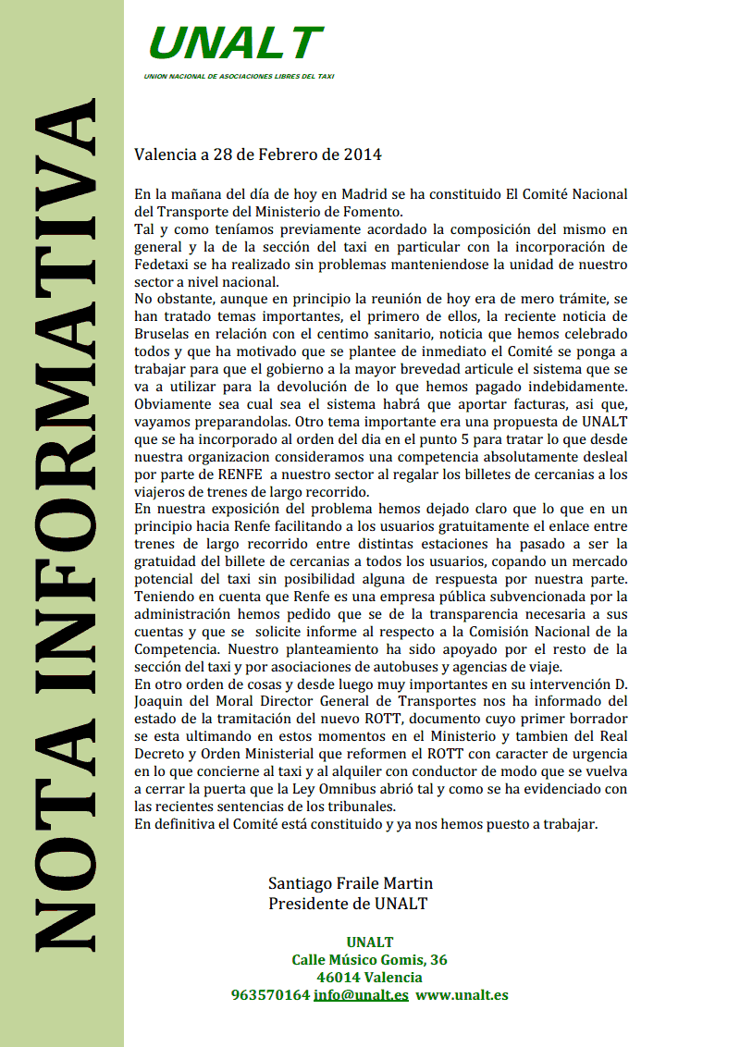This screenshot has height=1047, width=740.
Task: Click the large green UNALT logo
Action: pyautogui.click(x=235, y=43)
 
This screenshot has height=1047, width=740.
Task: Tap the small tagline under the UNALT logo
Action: pyautogui.click(x=239, y=76)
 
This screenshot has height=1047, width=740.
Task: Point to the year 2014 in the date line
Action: pyautogui.click(x=364, y=154)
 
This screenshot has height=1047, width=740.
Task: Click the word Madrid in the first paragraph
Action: pyautogui.click(x=364, y=195)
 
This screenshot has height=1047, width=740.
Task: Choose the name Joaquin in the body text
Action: pyautogui.click(x=161, y=701)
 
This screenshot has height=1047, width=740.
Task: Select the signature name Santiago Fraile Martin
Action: pyautogui.click(x=351, y=883)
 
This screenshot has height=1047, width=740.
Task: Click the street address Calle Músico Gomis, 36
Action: pyautogui.click(x=370, y=960)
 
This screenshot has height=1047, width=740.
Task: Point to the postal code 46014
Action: pyautogui.click(x=339, y=978)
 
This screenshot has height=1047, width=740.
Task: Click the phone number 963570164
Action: pyautogui.click(x=270, y=995)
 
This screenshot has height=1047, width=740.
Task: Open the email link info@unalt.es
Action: pyautogui.click(x=361, y=995)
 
